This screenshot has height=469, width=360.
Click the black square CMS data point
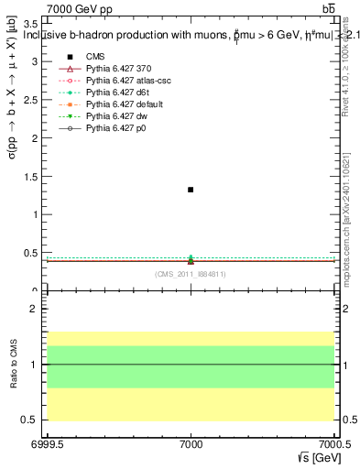pos(191,190)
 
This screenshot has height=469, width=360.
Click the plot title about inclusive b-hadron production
pos(183,36)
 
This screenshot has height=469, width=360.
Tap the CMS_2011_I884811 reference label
pos(191,274)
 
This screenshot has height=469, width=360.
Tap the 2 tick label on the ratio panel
pos(33,310)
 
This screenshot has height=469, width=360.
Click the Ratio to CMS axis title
pos(14,364)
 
